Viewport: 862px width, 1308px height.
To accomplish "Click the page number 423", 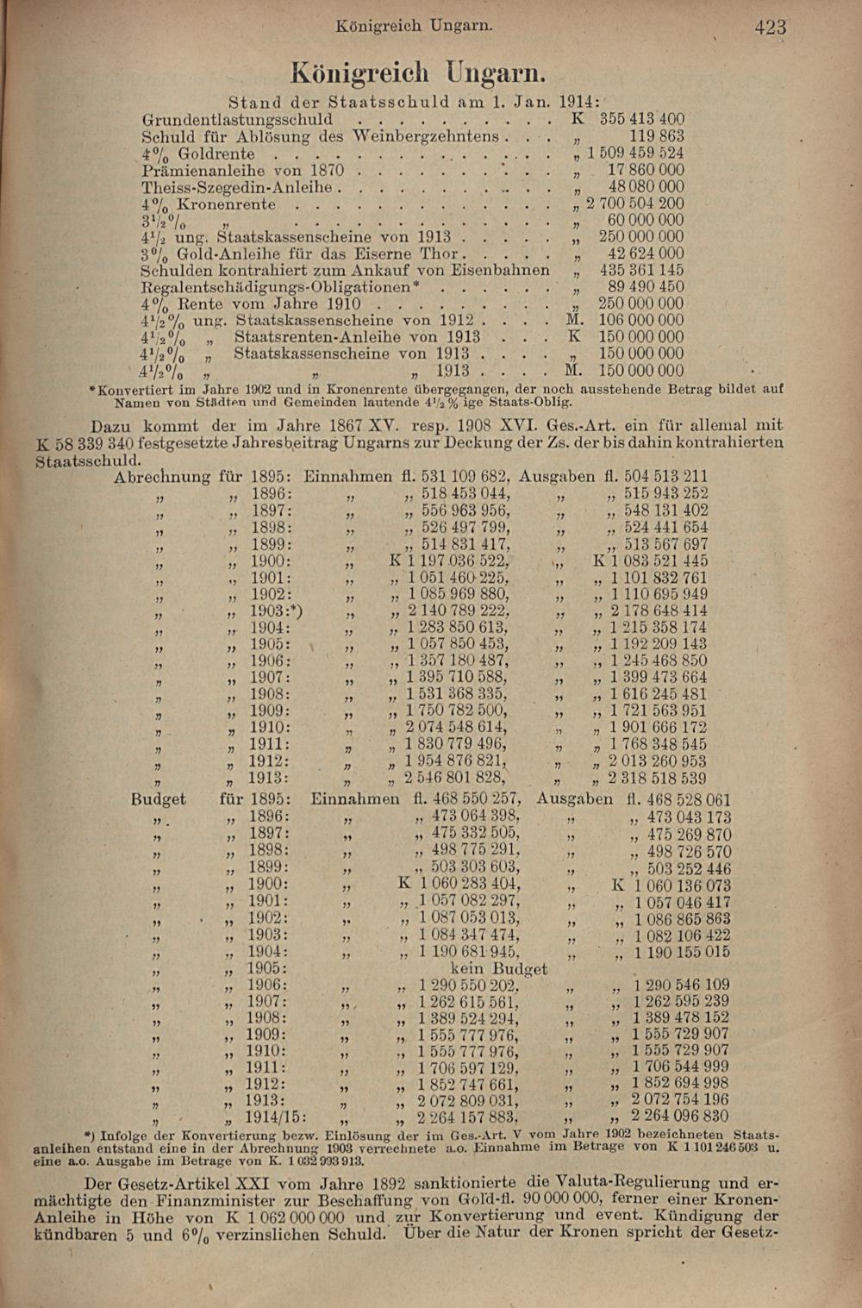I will point(770,28).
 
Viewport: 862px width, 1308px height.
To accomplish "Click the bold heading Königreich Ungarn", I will point(418,72).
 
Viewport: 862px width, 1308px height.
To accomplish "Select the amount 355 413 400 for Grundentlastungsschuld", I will point(641,119).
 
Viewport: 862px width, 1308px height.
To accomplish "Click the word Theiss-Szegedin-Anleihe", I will point(236,187).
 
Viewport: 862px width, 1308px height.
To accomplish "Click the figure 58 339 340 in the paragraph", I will point(85,443).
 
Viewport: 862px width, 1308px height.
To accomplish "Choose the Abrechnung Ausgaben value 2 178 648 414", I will point(659,611).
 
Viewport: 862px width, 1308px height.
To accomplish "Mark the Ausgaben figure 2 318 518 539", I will point(657,779).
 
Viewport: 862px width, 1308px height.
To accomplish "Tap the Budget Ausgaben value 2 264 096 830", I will point(679,1117).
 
